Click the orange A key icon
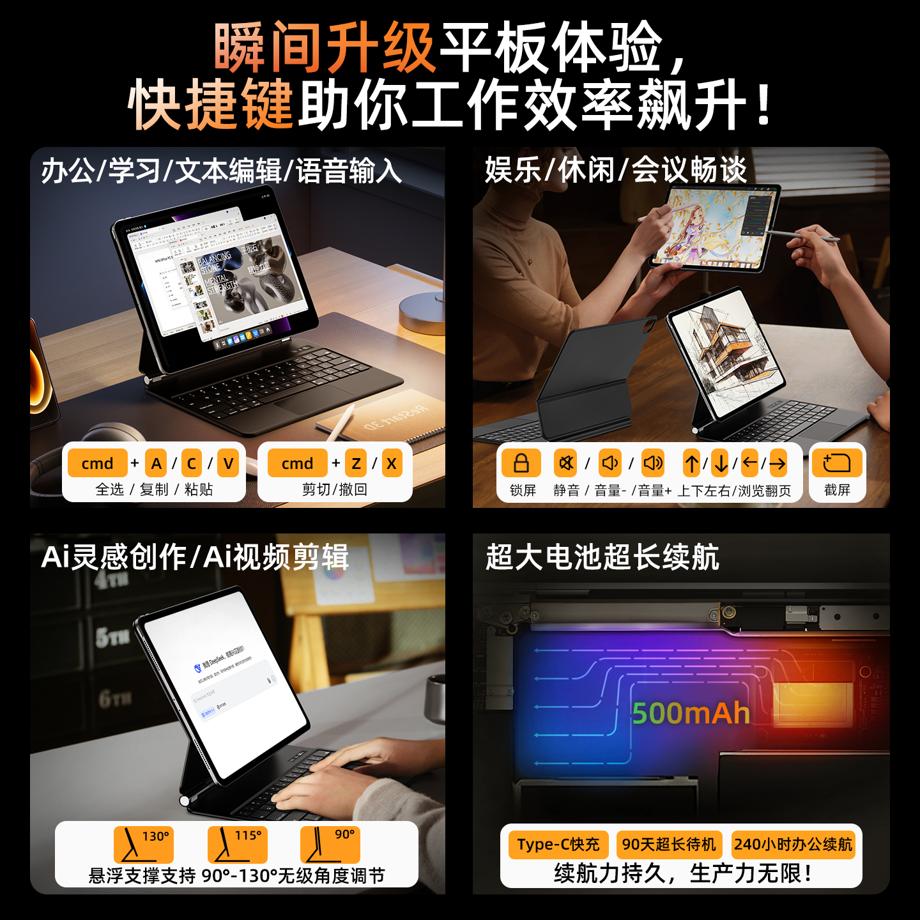coord(156,463)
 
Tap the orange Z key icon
coord(356,463)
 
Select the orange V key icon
coord(228,463)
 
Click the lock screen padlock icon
coord(521,463)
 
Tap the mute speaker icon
coord(566,463)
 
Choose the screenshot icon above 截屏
coord(837,463)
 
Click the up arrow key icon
coord(691,463)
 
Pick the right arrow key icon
coord(778,463)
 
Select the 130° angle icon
coord(143,844)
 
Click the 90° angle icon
coord(330,844)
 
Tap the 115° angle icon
coord(237,844)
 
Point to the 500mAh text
coord(691,713)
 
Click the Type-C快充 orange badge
coord(558,844)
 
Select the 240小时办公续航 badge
coord(793,844)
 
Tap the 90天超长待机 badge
coord(669,844)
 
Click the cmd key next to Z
coord(297,463)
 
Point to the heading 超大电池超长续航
coord(602,556)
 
